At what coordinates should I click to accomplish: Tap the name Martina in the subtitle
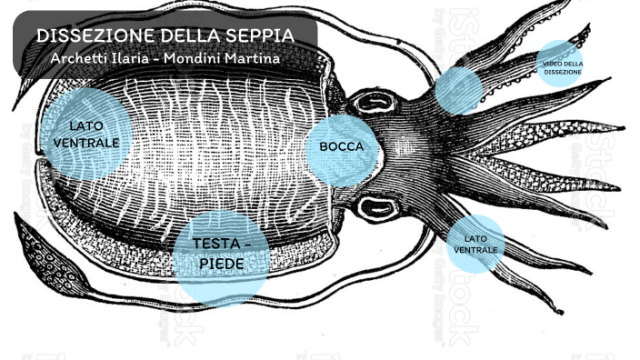pyautogui.click(x=251, y=57)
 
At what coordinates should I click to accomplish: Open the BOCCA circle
pyautogui.click(x=341, y=147)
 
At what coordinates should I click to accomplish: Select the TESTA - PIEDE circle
pyautogui.click(x=220, y=255)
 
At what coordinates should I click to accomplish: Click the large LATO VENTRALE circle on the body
pyautogui.click(x=86, y=135)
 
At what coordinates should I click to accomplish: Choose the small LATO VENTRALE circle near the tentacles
pyautogui.click(x=475, y=244)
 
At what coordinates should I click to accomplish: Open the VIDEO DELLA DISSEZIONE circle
pyautogui.click(x=562, y=65)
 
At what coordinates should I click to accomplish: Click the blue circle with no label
pyautogui.click(x=458, y=90)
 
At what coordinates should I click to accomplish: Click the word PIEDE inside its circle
pyautogui.click(x=220, y=264)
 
